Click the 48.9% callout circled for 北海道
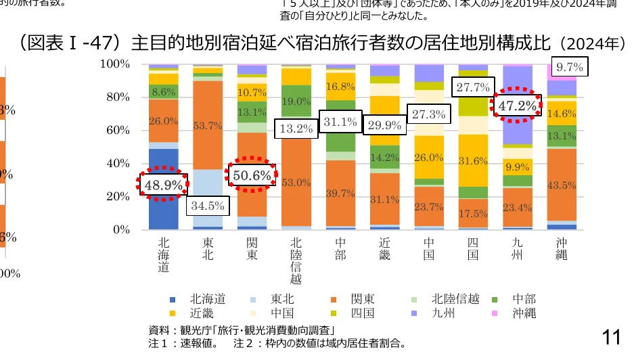[x=162, y=183]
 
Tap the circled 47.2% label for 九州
[x=517, y=106]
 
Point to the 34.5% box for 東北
[x=207, y=204]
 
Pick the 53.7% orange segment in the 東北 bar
[x=207, y=125]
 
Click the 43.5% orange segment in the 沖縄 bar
[x=562, y=185]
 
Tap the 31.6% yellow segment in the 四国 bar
[x=473, y=161]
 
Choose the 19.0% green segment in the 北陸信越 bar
[x=296, y=101]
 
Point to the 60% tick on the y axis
[x=117, y=130]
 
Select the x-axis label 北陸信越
[x=296, y=261]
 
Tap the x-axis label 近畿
[x=384, y=248]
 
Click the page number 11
[x=611, y=336]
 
